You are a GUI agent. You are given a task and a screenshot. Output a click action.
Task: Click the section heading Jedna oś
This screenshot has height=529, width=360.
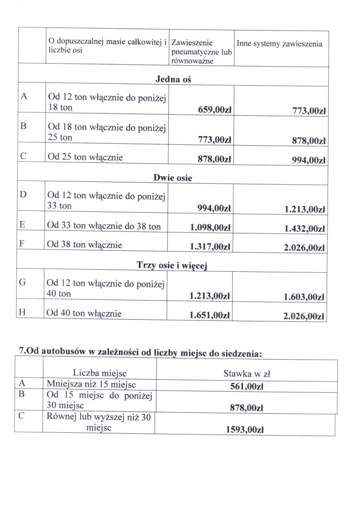pos(174,79)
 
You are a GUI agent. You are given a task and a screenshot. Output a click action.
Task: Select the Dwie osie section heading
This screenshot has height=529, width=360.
pos(173,178)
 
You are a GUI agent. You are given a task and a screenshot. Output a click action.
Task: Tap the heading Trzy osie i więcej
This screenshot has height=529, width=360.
pos(172,265)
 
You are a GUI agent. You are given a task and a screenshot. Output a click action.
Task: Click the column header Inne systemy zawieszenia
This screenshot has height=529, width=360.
pos(279,44)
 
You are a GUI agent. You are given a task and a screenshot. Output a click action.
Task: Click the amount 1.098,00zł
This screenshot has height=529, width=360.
pos(210,227)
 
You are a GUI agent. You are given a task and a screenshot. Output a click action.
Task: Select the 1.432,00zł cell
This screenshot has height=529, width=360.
pos(304,229)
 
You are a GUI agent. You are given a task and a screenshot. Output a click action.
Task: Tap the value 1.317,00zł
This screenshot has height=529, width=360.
pos(210,246)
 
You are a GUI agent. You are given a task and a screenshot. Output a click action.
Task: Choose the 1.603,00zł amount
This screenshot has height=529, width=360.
pos(304,297)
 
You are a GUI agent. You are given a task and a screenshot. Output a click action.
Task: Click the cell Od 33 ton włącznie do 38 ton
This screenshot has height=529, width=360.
pos(104,226)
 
